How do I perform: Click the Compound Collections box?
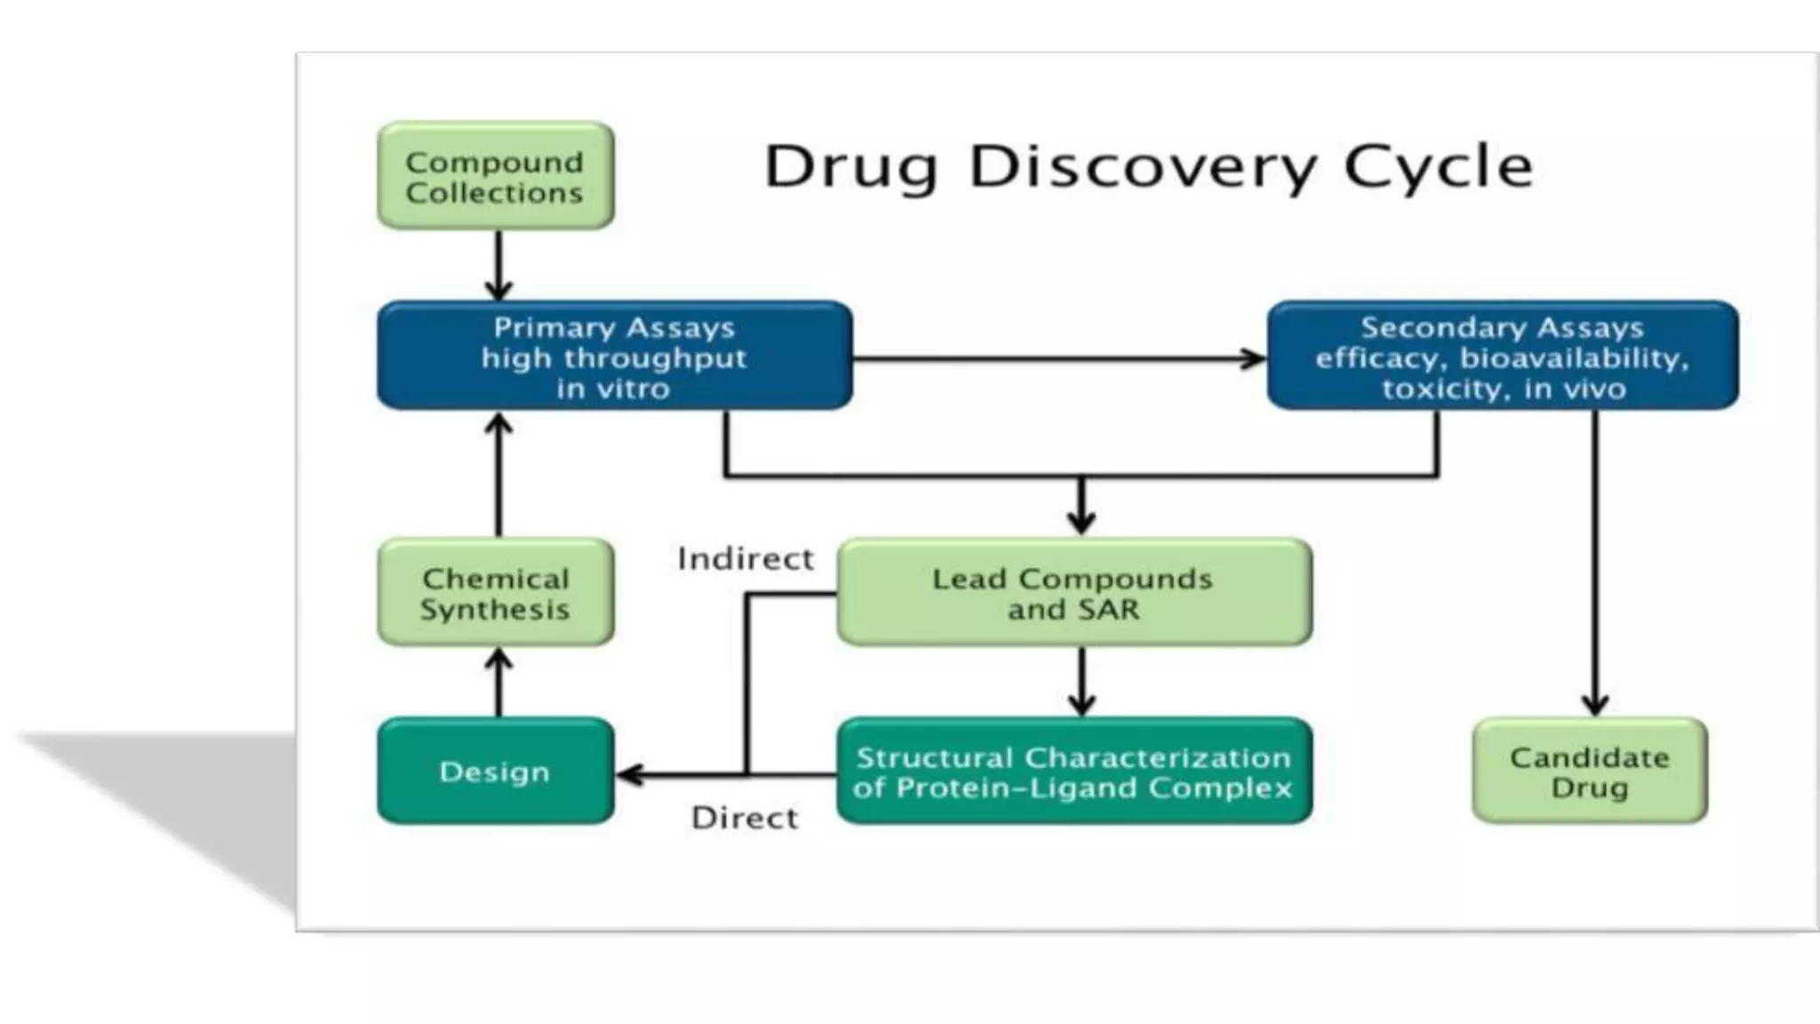point(495,176)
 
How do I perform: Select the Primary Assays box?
point(614,356)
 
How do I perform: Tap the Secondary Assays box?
point(1502,356)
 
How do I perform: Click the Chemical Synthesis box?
point(495,593)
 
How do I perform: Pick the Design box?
point(495,772)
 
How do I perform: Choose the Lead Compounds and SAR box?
point(1074,593)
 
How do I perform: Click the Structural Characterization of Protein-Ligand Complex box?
point(1074,772)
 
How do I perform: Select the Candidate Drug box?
point(1589,772)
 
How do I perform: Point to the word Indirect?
point(745,559)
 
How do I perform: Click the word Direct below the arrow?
point(745,818)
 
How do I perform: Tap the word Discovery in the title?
point(1145,166)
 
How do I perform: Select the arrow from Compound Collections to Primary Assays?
point(499,265)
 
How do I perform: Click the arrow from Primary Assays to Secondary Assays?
point(1058,359)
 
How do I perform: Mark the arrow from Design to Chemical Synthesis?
point(499,683)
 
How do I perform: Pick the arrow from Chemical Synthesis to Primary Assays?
point(499,476)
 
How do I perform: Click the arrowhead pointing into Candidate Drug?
point(1595,705)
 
